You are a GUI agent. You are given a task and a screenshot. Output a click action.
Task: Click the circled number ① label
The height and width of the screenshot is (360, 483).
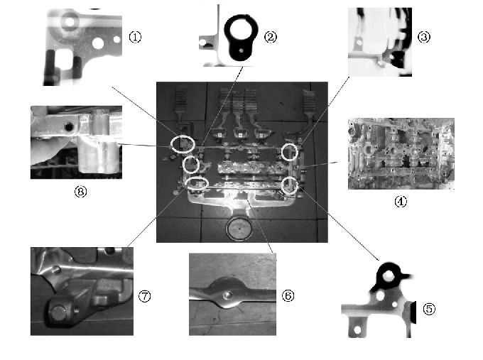pyautogui.click(x=135, y=37)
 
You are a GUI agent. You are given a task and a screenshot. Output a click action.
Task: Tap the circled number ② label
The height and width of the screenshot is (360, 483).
pyautogui.click(x=271, y=37)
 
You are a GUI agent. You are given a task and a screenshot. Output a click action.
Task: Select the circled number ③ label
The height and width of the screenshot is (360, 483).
pyautogui.click(x=424, y=37)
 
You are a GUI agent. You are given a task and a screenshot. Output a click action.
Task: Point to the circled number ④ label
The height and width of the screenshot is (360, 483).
pyautogui.click(x=401, y=202)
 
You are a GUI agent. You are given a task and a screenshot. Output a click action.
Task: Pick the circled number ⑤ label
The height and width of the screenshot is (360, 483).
pyautogui.click(x=430, y=309)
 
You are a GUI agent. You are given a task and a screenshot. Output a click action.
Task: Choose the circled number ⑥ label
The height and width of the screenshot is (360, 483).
pyautogui.click(x=288, y=296)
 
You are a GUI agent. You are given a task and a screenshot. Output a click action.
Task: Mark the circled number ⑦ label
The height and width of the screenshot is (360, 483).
pyautogui.click(x=144, y=296)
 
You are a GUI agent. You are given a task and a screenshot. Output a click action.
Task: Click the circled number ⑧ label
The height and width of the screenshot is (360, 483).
pyautogui.click(x=80, y=192)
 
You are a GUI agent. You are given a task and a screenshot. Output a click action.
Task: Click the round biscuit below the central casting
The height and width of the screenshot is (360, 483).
pyautogui.click(x=239, y=229)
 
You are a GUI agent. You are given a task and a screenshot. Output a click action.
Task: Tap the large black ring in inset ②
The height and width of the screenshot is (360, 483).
pyautogui.click(x=228, y=31)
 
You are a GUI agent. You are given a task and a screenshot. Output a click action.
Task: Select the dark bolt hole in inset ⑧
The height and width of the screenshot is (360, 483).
pyautogui.click(x=69, y=126)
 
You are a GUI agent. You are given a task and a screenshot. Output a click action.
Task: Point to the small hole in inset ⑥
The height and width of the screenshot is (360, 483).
pyautogui.click(x=227, y=295)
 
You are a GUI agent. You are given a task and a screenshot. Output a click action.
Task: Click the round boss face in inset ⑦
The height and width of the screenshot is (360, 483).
pyautogui.click(x=58, y=313)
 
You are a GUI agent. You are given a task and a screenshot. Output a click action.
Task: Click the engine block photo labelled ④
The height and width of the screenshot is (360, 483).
pyautogui.click(x=401, y=153)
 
